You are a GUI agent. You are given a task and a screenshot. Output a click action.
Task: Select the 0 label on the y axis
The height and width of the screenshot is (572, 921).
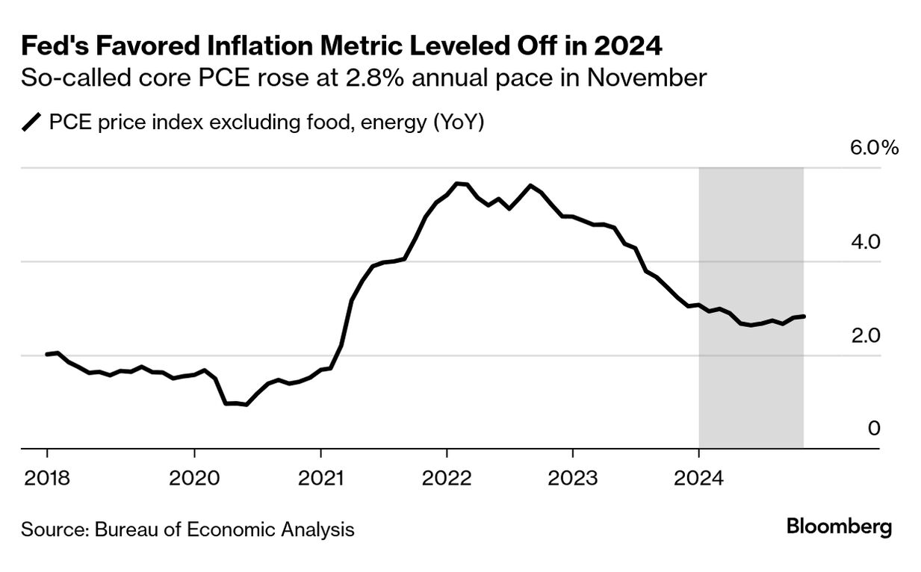(x=874, y=429)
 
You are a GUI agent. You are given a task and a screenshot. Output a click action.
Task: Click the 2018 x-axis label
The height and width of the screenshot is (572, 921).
(x=46, y=478)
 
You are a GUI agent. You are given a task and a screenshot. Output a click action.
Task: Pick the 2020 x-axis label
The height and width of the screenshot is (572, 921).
(x=193, y=478)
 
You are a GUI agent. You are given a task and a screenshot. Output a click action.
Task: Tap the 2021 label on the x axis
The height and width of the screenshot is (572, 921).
(x=320, y=478)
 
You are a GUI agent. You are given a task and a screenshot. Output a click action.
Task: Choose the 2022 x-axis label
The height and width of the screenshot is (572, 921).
(x=446, y=478)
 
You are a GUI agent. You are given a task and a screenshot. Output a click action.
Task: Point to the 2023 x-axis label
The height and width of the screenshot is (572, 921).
(x=572, y=478)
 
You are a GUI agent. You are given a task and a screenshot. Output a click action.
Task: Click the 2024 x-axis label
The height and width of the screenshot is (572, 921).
(x=698, y=478)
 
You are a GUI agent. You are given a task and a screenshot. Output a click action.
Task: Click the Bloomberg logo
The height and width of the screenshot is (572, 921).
(x=839, y=526)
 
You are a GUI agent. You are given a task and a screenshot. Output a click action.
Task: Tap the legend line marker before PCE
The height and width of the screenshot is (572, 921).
(x=32, y=122)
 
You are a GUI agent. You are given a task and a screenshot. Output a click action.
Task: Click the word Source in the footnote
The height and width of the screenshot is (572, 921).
(x=52, y=530)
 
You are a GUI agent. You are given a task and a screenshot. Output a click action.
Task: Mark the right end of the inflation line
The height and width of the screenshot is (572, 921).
(x=804, y=317)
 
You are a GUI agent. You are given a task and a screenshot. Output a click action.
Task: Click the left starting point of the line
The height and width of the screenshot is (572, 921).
(x=47, y=354)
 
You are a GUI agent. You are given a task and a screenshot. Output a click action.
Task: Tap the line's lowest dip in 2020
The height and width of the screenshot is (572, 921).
(x=246, y=405)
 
